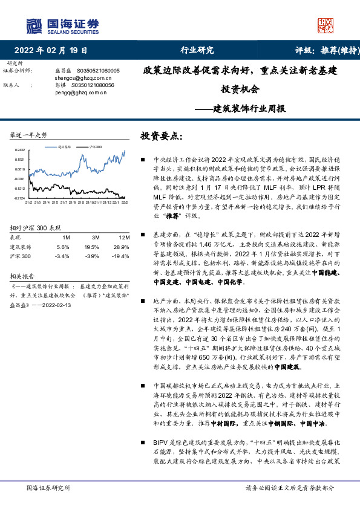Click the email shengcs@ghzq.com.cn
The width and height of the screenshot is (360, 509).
76,78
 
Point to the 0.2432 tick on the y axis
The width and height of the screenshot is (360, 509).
20,150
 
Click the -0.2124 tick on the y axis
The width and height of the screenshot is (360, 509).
19,198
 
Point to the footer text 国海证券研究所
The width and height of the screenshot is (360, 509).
46,487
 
